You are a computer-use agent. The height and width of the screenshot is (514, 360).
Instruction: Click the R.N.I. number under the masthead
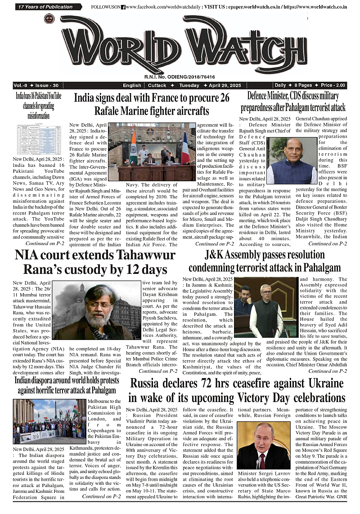tap(180, 77)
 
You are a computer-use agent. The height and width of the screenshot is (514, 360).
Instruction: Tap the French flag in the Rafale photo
tap(185, 148)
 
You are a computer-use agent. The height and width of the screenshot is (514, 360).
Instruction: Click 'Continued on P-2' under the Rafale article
tap(214, 244)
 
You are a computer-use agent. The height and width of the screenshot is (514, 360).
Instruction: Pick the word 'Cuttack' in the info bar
tap(157, 85)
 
